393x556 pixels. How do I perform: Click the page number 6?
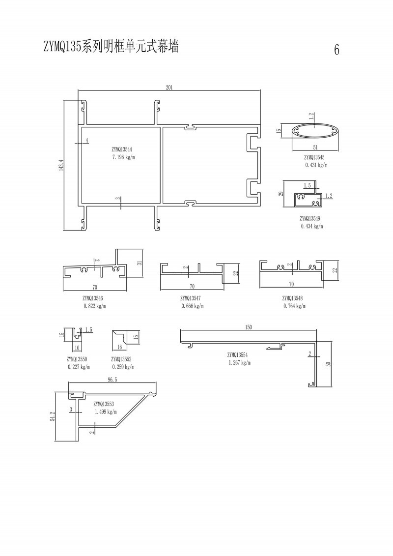tap(337, 50)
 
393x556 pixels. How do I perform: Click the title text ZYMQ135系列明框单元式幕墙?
tap(111, 46)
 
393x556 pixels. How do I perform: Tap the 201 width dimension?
tap(169, 87)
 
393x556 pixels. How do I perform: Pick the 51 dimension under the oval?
tap(315, 147)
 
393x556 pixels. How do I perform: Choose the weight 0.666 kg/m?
tap(193, 306)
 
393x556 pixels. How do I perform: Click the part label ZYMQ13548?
tap(292, 298)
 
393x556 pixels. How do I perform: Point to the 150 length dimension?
tap(249, 327)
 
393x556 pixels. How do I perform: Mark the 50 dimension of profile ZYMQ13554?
tap(328, 364)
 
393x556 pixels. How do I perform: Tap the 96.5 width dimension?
tap(112, 380)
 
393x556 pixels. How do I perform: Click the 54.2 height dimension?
tap(53, 417)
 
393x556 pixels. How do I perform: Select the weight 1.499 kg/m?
tap(106, 411)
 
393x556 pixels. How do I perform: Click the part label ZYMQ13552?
tap(121, 359)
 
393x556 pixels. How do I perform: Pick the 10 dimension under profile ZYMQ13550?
tap(77, 348)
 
